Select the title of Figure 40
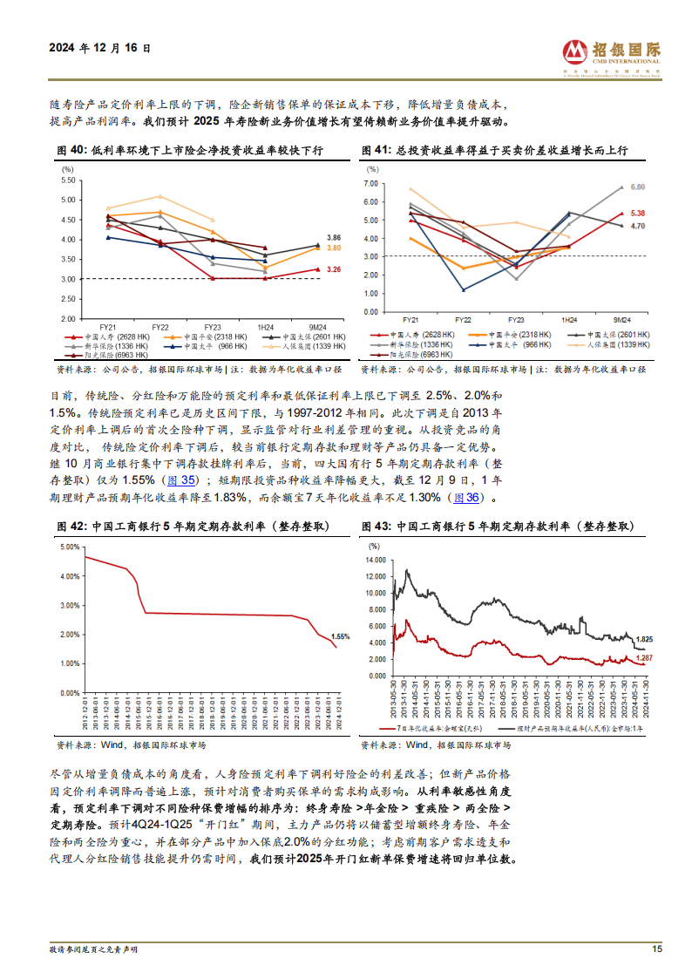[190, 151]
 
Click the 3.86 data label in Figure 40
[334, 237]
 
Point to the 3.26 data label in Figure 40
[334, 269]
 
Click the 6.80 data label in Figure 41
[637, 187]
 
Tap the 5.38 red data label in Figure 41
[637, 214]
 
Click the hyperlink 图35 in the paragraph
[180, 480]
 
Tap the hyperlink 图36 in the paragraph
[466, 497]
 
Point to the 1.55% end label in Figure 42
[341, 636]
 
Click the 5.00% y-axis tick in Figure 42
[69, 547]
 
